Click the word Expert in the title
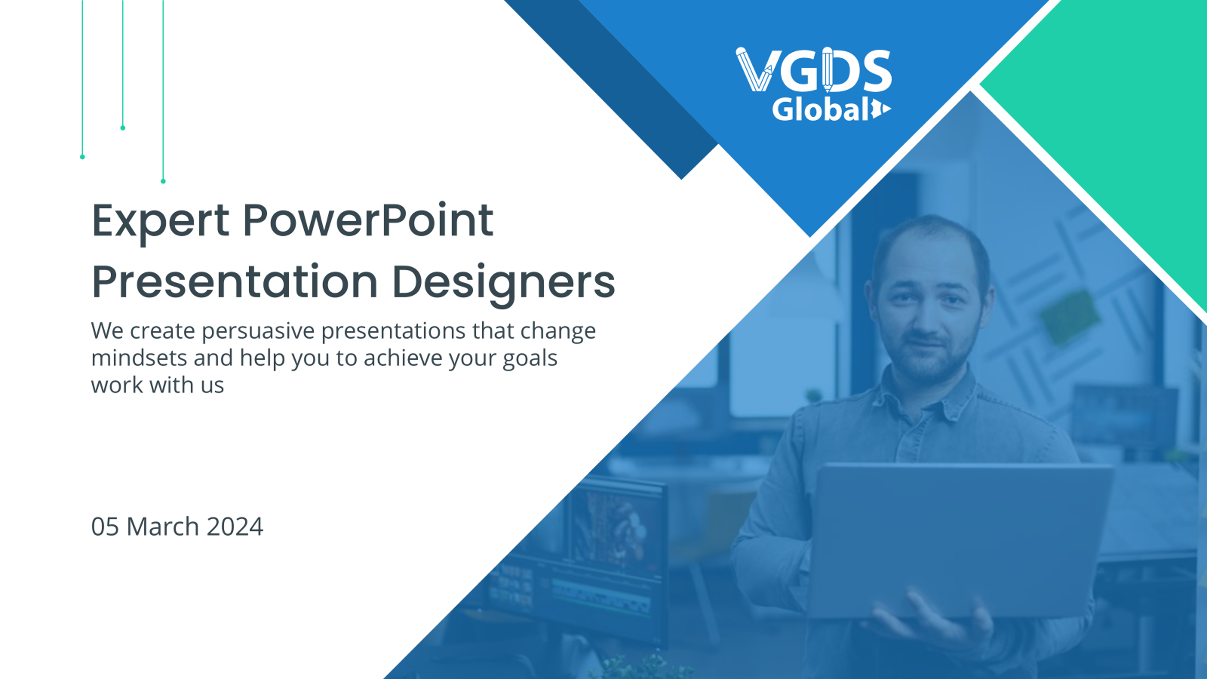(x=160, y=221)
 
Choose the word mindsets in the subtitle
(x=139, y=358)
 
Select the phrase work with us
(x=157, y=385)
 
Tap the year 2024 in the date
(x=235, y=526)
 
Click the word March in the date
(x=163, y=526)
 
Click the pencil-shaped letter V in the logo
(x=755, y=69)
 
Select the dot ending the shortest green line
(x=123, y=128)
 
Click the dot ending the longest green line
(x=163, y=181)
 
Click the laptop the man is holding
(x=961, y=539)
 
